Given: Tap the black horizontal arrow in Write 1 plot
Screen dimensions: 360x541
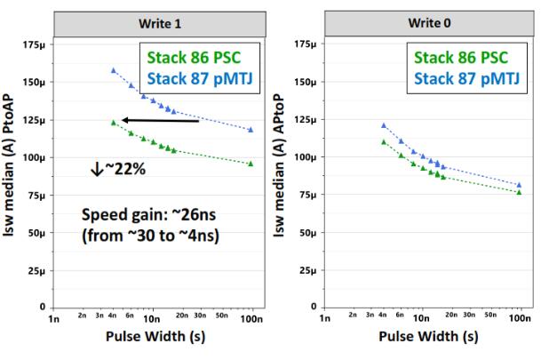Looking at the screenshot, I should [x=159, y=120].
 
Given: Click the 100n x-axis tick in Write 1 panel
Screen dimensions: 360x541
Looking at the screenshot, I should [x=251, y=317].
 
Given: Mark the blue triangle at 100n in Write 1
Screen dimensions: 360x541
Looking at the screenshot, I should [x=251, y=130].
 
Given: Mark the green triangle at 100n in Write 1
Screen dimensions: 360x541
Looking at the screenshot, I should [x=251, y=164].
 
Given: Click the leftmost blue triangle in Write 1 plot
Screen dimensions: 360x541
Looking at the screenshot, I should [x=113, y=69].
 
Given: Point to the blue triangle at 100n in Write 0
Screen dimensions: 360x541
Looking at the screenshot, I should [x=520, y=185].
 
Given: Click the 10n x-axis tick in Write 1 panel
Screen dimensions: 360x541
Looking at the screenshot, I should [x=151, y=317].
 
